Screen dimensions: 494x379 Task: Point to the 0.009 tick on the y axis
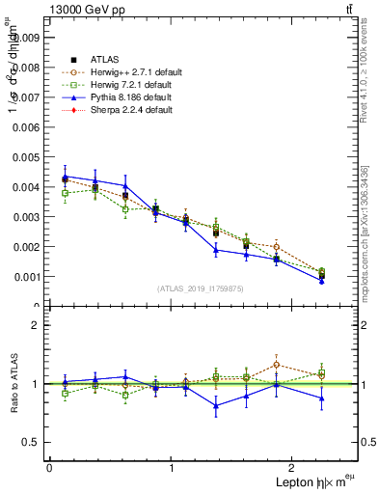[28, 38]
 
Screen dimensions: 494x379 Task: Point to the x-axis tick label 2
[293, 468]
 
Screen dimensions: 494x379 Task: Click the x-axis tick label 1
[171, 468]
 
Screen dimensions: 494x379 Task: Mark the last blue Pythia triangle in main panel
[322, 281]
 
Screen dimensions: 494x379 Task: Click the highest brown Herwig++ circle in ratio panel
[276, 364]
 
